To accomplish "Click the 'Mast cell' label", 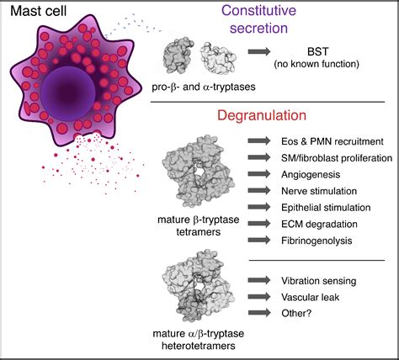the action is (x=39, y=11).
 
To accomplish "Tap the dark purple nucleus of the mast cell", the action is (x=68, y=94).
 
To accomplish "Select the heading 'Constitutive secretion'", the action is (x=258, y=19).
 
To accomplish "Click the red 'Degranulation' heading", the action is (x=262, y=115).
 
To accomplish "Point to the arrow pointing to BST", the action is (x=259, y=51).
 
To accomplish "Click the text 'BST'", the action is (x=317, y=51).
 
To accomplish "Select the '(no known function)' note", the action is (x=317, y=64).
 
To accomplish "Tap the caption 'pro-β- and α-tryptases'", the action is (x=204, y=87).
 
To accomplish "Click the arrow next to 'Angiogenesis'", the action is (x=259, y=174).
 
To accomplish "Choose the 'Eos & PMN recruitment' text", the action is (x=332, y=141).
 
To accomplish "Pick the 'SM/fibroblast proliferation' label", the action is (x=337, y=158).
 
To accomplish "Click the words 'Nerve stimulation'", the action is (x=319, y=191).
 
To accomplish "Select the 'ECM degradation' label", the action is (x=319, y=225).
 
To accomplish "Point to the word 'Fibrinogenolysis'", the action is (x=317, y=241).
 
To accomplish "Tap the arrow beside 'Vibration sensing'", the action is (x=259, y=280).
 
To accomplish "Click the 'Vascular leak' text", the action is (x=310, y=297).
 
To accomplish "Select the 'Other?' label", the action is (x=296, y=313).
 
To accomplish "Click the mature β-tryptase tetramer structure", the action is (x=198, y=172).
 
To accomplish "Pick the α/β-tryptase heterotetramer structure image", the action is (x=198, y=285).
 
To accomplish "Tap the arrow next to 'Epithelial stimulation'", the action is (x=259, y=207).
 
